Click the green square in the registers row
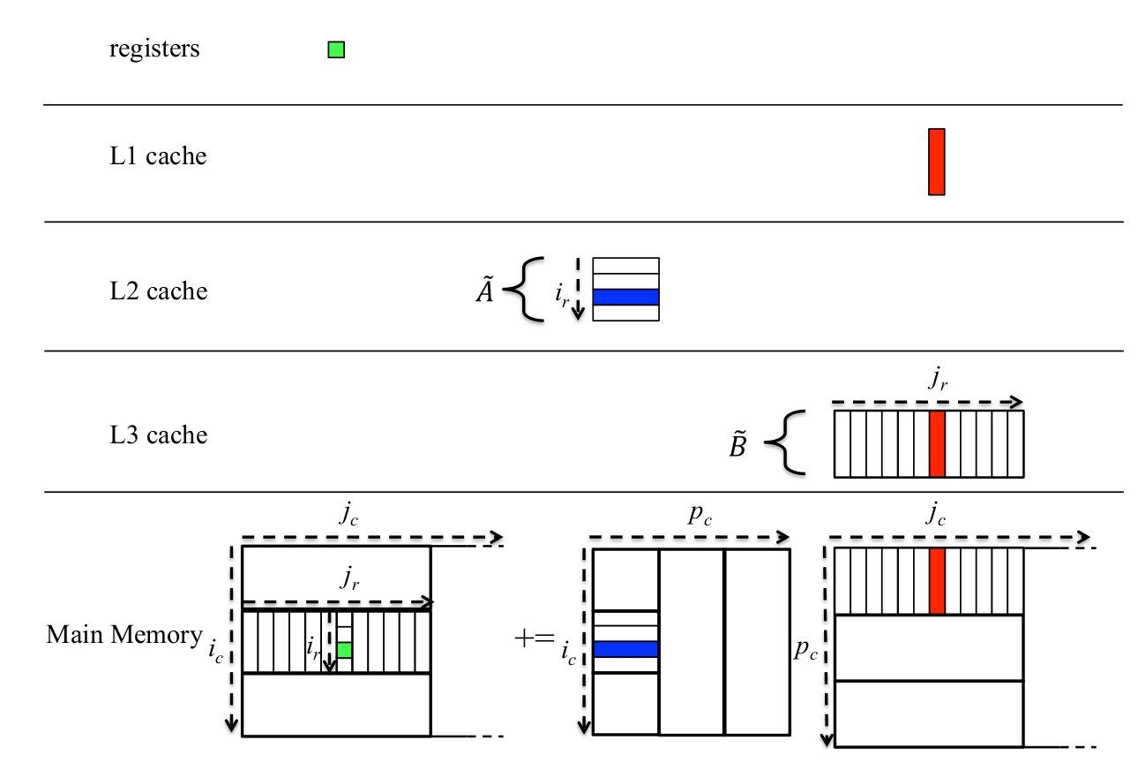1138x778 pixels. coord(336,50)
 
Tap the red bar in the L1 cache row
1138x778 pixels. coord(936,162)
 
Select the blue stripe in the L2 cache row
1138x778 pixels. coord(625,298)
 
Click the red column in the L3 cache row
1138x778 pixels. coord(937,443)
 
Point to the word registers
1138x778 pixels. coord(154,49)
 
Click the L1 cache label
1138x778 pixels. coord(158,157)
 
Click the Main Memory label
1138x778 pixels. coord(124,635)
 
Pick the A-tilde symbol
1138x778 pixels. coord(484,291)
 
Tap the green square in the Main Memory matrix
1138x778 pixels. coord(344,650)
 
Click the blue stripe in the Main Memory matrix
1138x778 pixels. coord(625,649)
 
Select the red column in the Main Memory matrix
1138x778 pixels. coord(937,580)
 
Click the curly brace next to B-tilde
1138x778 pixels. coord(784,443)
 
